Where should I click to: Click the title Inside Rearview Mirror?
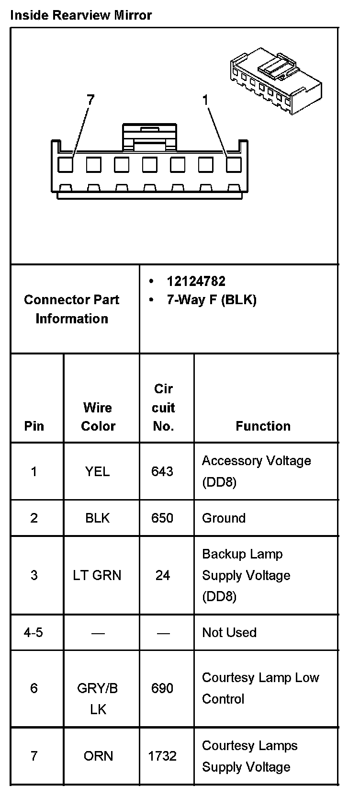click(81, 15)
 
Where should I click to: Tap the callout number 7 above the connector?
click(90, 100)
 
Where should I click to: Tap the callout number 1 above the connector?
click(205, 100)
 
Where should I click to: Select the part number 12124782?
click(196, 281)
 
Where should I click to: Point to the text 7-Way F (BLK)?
click(211, 300)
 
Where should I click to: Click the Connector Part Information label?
click(72, 309)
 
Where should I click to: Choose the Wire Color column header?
click(98, 417)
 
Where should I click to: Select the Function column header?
click(263, 426)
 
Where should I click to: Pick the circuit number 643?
click(162, 471)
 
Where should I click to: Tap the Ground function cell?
click(224, 518)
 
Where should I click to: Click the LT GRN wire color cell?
click(97, 575)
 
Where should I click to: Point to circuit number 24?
click(163, 575)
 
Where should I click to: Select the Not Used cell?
click(229, 632)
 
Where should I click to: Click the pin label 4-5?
click(34, 632)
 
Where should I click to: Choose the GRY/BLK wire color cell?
click(98, 698)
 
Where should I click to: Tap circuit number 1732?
click(162, 756)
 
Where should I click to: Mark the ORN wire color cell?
click(98, 756)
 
